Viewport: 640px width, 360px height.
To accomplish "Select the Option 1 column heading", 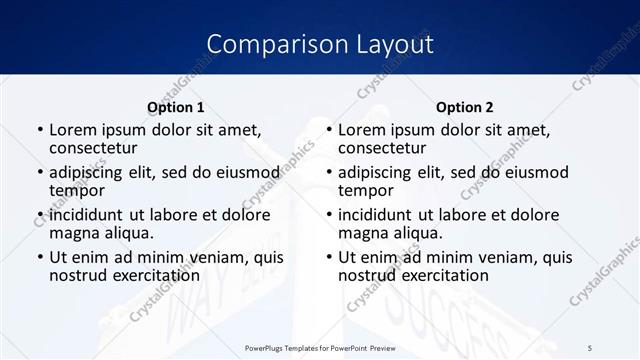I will point(176,107).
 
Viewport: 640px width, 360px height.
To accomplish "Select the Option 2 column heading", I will point(464,107).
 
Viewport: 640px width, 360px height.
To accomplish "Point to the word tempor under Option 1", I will point(77,191).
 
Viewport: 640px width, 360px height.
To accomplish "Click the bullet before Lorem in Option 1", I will point(39,131).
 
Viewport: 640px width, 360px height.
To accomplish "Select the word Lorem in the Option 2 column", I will point(362,130).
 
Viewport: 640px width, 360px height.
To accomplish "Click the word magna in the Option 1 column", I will point(75,233).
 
